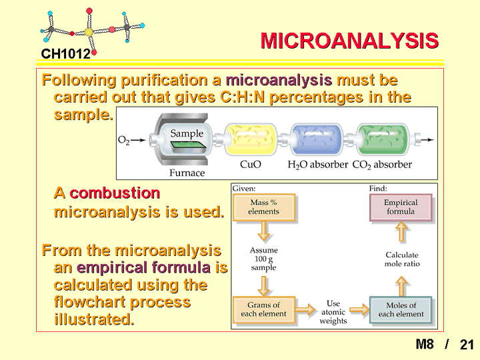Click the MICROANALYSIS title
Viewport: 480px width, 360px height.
349,41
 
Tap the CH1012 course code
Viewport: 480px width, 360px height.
66,54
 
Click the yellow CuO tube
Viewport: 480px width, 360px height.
251,139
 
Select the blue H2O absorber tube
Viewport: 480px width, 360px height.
317,139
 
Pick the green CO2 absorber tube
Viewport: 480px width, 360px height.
383,139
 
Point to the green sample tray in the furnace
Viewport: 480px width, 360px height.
188,146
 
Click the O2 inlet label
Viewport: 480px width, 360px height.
124,140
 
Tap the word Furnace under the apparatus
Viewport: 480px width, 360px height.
187,173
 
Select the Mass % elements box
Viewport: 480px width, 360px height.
264,207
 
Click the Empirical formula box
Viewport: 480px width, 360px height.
401,207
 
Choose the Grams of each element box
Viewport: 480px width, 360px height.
264,309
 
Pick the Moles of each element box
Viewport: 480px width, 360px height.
401,309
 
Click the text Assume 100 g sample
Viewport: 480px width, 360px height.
263,259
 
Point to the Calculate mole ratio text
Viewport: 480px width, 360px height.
402,259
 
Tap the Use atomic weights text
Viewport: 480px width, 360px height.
333,312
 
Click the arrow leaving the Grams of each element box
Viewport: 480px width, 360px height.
305,309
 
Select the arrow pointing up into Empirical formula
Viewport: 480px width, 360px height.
401,231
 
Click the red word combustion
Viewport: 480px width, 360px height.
115,193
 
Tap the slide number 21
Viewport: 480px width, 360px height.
467,345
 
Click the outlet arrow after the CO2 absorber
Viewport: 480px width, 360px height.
427,140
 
